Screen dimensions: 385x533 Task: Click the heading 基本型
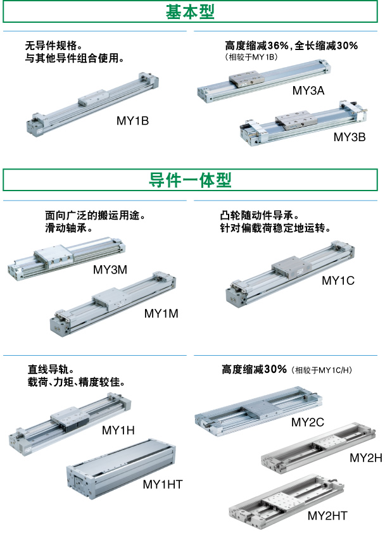(190, 11)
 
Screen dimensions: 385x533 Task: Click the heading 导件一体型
(190, 180)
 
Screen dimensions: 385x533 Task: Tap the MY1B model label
(132, 121)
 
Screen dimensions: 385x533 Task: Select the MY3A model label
(308, 91)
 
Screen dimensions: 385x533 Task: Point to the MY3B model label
(350, 137)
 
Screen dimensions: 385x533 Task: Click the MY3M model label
(110, 270)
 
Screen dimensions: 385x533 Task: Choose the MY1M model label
(161, 313)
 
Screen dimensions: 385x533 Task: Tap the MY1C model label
(338, 280)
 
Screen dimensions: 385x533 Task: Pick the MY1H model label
(118, 430)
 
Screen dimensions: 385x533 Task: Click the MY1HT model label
(163, 484)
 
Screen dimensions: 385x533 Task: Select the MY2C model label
(308, 422)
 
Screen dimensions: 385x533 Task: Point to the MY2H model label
(366, 458)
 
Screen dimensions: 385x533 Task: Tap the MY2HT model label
(327, 516)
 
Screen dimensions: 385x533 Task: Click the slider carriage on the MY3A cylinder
(246, 79)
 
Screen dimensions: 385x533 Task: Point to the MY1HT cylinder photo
(121, 469)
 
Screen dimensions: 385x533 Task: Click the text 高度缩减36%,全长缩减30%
(291, 45)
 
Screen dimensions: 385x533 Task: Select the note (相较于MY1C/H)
(322, 370)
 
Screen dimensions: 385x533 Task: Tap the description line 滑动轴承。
(68, 228)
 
